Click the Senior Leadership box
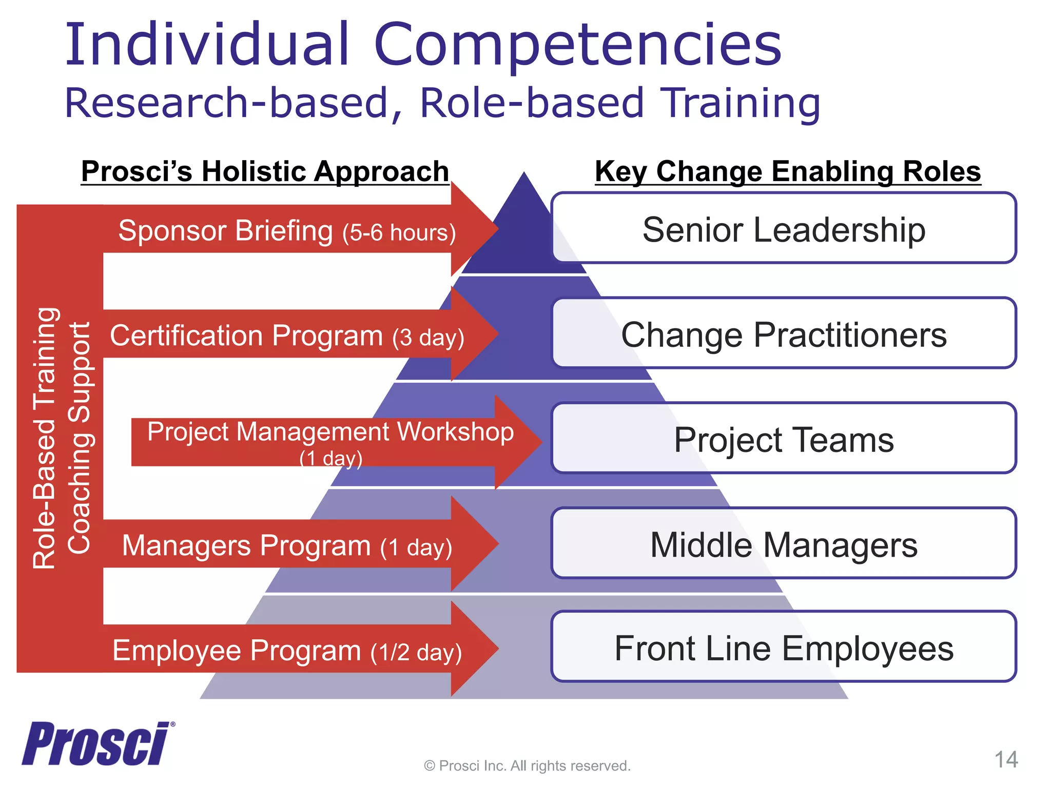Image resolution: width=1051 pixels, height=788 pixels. (x=784, y=228)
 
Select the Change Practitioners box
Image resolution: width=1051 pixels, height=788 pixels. (x=784, y=333)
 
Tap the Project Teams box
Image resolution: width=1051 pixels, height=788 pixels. (x=784, y=439)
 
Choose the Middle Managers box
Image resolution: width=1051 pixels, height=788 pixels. (x=784, y=544)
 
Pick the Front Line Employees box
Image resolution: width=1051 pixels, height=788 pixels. (x=784, y=647)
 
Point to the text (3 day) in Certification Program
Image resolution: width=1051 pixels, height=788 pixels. (x=428, y=338)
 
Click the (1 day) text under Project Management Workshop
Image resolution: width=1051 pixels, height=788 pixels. (x=331, y=458)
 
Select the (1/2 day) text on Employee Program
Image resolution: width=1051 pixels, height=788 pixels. (x=416, y=652)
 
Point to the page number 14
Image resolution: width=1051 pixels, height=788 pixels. (x=1006, y=759)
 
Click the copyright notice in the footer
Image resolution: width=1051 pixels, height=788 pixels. (x=527, y=765)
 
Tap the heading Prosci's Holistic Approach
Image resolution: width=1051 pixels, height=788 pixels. (x=265, y=171)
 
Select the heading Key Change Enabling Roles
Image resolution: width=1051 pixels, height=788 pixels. (x=788, y=171)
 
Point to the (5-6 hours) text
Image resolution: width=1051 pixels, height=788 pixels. (x=399, y=232)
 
